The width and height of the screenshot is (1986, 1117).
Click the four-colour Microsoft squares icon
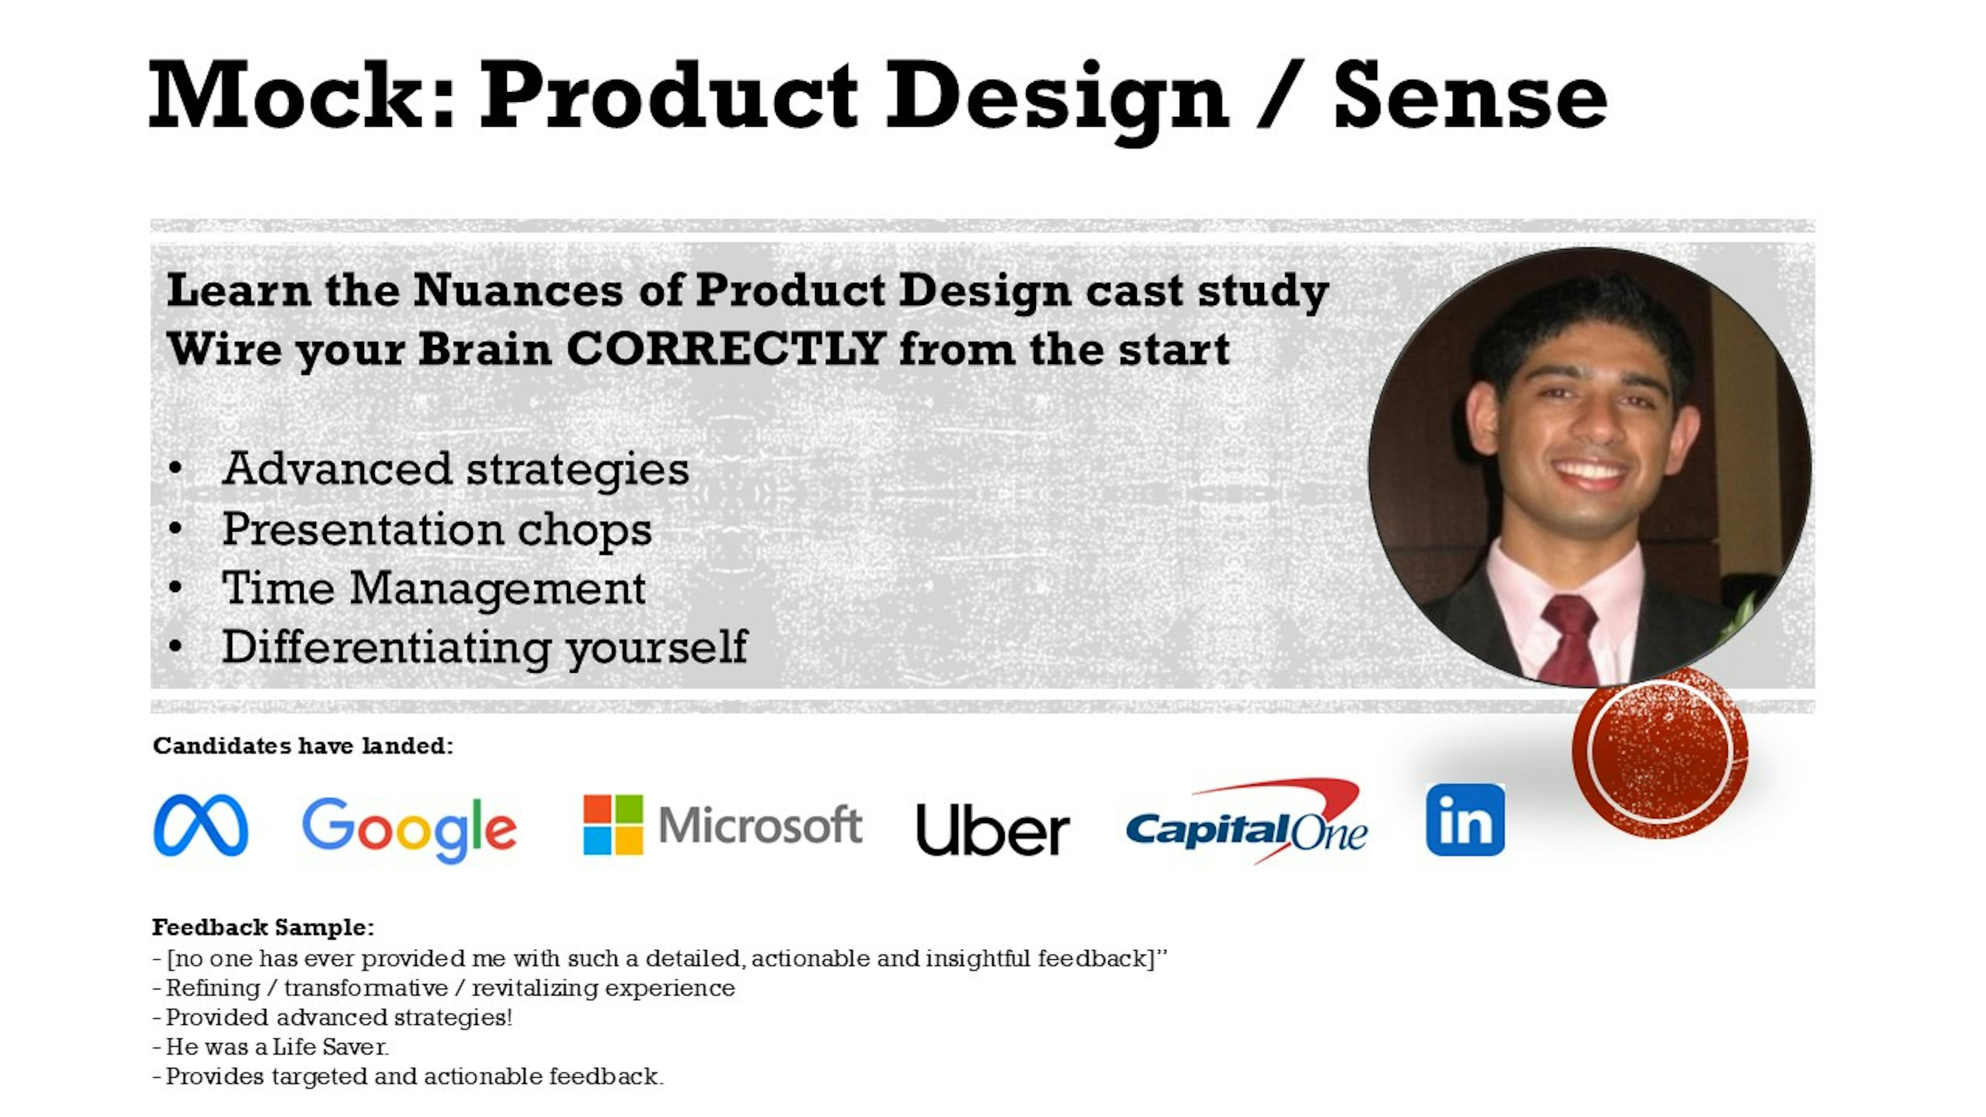click(x=613, y=825)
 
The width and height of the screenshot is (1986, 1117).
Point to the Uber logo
click(x=992, y=829)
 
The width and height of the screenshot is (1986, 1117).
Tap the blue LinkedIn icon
click(x=1465, y=820)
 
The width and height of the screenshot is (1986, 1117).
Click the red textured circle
click(x=1660, y=752)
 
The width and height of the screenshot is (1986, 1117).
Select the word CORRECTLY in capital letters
click(x=726, y=349)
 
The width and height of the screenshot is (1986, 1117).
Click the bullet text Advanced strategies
click(x=456, y=469)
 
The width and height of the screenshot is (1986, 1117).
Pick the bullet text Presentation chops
click(x=437, y=529)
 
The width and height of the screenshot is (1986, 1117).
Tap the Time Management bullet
click(x=434, y=587)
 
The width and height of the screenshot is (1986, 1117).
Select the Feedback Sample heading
click(x=263, y=927)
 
